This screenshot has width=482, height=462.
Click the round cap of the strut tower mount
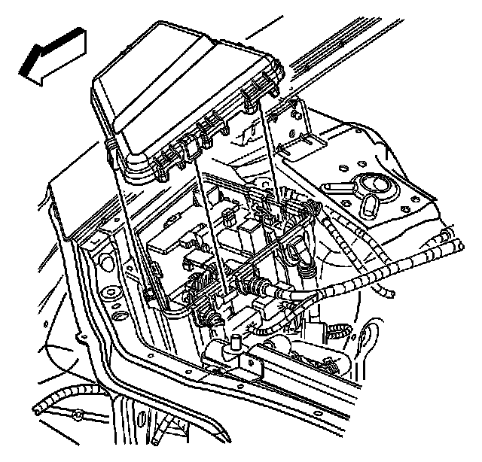(371, 184)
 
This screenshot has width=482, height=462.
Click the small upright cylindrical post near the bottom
(235, 344)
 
